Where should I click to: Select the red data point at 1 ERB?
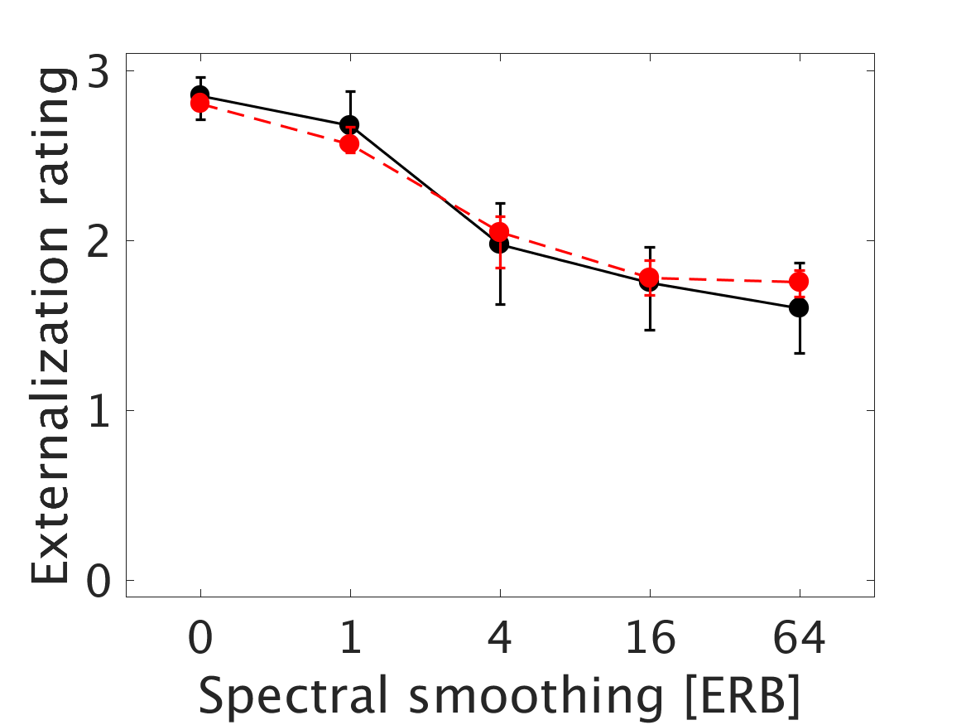coord(349,144)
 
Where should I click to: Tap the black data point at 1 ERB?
coord(349,124)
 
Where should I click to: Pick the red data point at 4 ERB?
coord(499,232)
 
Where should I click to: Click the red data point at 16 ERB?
coord(649,277)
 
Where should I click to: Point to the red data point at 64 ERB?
coord(799,282)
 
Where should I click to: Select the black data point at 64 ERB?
coord(799,307)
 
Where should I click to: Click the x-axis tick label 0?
coord(199,640)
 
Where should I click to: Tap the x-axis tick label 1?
coord(349,640)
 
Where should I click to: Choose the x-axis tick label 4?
coord(499,640)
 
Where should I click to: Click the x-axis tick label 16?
coord(649,640)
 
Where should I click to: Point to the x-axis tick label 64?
coord(799,640)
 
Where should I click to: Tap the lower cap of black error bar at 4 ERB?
coord(499,304)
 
